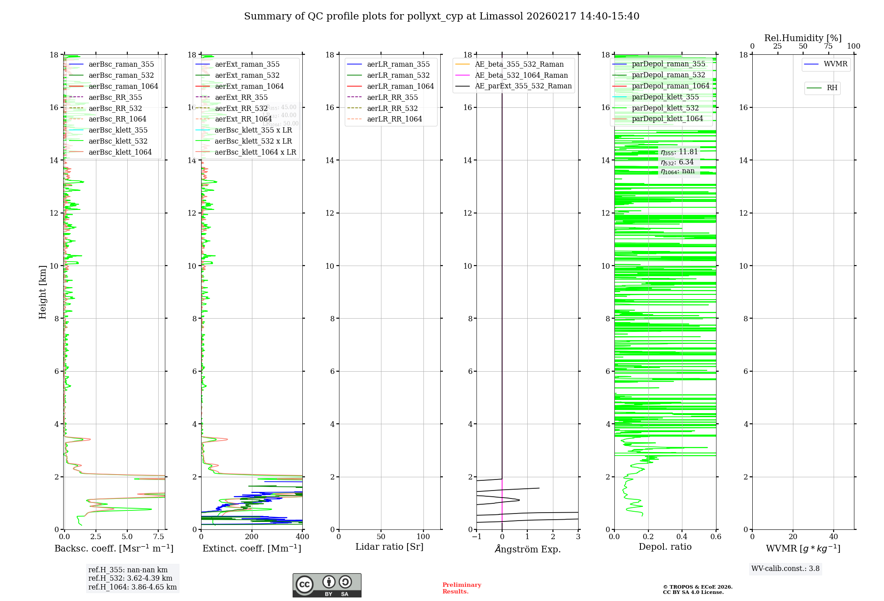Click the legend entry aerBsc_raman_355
point(121,65)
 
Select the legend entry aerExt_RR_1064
point(243,119)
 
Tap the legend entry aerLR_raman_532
point(398,76)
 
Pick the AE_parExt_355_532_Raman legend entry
point(523,86)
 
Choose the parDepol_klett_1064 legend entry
point(667,119)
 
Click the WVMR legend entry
point(835,65)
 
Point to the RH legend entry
point(832,88)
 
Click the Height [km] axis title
point(42,292)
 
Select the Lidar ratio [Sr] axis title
point(389,547)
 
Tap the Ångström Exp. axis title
point(527,549)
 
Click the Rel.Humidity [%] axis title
point(803,38)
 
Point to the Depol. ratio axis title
point(665,547)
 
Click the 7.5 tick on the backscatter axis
point(159,537)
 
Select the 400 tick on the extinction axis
point(302,537)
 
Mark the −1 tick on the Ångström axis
point(476,537)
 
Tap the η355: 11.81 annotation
point(679,152)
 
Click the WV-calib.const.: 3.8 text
point(785,569)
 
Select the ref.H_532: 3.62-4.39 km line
point(130,578)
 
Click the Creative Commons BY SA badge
point(327,586)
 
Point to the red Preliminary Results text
point(461,588)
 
